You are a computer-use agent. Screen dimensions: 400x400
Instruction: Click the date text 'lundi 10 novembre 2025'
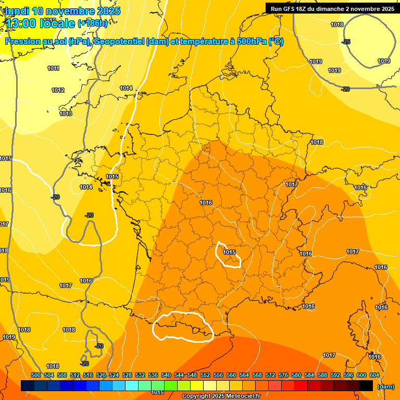63,11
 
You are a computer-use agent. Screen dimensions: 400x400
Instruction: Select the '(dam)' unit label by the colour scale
385,386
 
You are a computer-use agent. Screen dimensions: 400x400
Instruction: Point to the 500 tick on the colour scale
36,376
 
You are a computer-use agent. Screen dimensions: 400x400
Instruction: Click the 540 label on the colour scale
166,376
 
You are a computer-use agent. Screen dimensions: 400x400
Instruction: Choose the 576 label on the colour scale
283,376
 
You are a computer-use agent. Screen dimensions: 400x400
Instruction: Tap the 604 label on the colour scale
374,376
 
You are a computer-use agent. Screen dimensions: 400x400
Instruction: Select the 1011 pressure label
53,68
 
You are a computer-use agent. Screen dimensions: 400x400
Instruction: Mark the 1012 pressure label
58,90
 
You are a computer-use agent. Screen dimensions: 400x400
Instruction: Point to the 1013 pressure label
66,114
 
